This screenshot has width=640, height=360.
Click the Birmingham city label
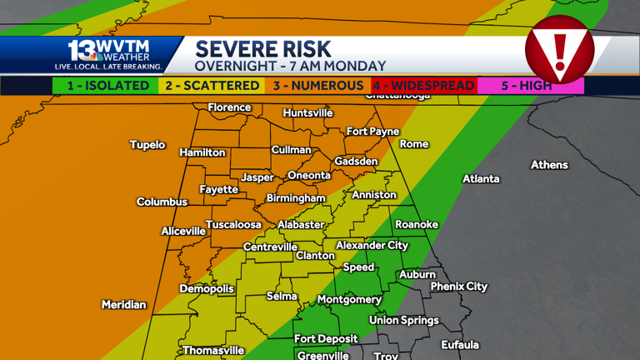click(296, 198)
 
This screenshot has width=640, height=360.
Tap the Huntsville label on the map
click(307, 113)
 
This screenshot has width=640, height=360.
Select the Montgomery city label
click(349, 300)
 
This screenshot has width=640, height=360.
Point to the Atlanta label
click(481, 179)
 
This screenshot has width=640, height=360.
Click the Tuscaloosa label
click(233, 225)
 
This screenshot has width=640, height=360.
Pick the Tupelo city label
click(147, 145)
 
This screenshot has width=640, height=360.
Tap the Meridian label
click(124, 305)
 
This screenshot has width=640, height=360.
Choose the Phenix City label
click(458, 287)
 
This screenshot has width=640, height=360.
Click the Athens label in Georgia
click(549, 165)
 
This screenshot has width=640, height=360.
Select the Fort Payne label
click(372, 132)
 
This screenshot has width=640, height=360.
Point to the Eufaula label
click(460, 345)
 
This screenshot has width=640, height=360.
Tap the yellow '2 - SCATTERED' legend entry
click(212, 86)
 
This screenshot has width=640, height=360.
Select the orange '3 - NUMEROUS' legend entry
click(317, 86)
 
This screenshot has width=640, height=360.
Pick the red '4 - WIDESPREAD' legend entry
click(423, 86)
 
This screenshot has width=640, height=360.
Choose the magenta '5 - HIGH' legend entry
click(530, 86)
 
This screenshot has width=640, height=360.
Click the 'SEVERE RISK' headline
click(263, 49)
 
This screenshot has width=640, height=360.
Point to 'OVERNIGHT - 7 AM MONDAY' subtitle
click(290, 67)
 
